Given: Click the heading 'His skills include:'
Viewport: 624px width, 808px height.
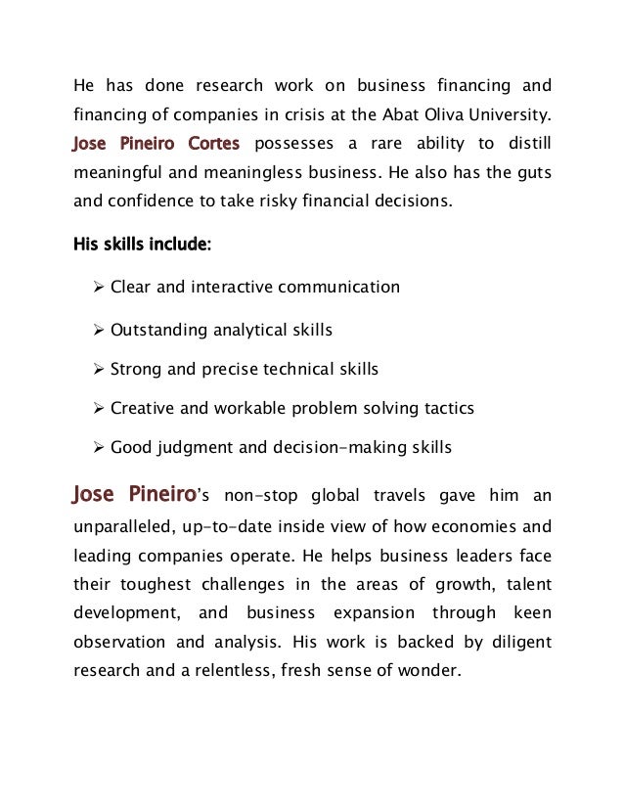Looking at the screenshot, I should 143,245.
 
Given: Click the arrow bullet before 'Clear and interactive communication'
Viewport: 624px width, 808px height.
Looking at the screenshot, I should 98,288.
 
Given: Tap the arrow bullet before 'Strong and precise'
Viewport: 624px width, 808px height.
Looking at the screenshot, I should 98,370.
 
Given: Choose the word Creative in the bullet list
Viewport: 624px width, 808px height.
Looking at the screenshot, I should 142,409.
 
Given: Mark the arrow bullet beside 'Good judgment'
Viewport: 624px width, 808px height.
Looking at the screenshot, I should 98,449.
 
